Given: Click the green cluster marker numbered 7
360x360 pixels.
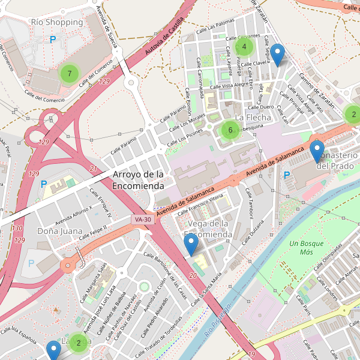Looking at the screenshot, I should coord(70,74).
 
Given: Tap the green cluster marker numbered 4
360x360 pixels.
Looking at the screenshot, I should coord(244,46).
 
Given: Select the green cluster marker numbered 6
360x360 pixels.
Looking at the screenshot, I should coord(230,130).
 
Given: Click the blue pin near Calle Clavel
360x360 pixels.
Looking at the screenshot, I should coord(277,55).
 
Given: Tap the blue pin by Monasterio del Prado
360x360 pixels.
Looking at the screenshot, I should coord(317,152).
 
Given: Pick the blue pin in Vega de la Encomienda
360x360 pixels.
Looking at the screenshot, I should coord(191,245).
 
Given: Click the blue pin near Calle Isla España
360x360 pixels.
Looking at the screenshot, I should coord(54,350).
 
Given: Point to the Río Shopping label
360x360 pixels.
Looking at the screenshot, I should coord(56,22).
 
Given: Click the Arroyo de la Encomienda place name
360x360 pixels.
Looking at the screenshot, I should coord(138,180).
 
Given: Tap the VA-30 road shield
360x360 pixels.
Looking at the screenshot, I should coord(143,220).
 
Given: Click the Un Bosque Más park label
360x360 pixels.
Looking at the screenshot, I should coord(306,248).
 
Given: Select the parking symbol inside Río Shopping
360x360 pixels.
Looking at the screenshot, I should coord(53,40).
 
